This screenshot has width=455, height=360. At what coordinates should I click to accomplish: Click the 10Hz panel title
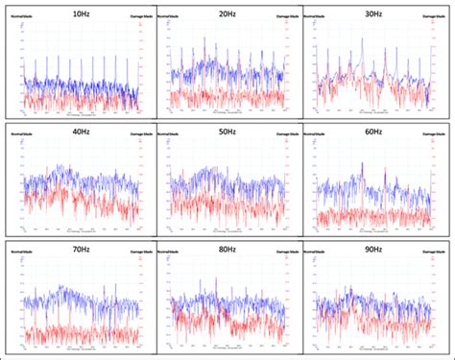point(82,15)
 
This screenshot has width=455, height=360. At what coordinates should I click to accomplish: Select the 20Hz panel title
point(229,15)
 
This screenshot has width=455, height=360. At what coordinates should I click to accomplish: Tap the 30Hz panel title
point(376,15)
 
